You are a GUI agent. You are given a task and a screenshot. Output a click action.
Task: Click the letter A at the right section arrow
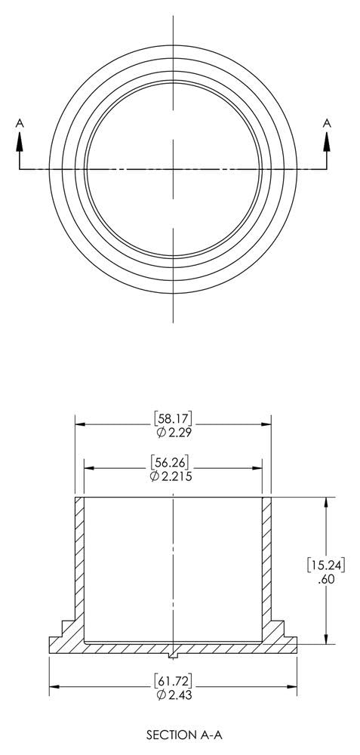click(x=327, y=122)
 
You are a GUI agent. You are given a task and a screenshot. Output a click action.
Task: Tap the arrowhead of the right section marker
click(x=327, y=138)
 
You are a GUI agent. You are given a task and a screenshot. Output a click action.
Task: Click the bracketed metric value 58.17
click(x=173, y=418)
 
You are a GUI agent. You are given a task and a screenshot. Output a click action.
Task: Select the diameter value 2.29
click(x=177, y=431)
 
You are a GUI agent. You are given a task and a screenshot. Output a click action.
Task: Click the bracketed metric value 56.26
click(x=173, y=462)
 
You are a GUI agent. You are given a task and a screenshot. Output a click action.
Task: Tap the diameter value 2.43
click(x=178, y=694)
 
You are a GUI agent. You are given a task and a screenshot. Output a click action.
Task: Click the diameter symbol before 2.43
click(x=160, y=694)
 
